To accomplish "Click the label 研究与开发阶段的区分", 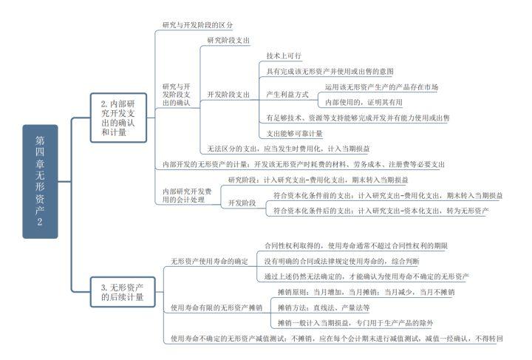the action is tap(197, 24).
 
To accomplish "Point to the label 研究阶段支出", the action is tap(228, 40).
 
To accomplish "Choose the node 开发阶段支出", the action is tap(228, 95).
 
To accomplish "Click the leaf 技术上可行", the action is tap(284, 55).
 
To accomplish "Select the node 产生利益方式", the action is tap(287, 95).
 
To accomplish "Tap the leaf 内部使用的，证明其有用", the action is tap(364, 103).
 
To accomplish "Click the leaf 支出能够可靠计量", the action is tap(295, 134).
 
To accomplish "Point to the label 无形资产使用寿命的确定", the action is tap(210, 261).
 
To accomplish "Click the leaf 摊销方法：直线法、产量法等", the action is tap(324, 308).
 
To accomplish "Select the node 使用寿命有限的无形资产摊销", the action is tap(216, 308).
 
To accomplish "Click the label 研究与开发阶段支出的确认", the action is tap(177, 95).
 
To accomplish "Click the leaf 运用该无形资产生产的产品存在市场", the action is tap(381, 87).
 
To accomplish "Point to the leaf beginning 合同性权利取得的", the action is tap(355, 245).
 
